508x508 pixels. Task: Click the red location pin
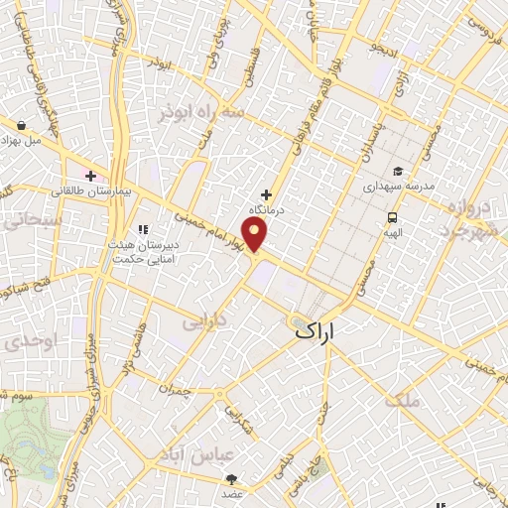point(256,236)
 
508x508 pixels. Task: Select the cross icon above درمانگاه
point(265,194)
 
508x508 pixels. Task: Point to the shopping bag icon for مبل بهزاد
point(21,125)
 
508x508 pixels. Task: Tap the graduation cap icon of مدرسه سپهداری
point(396,170)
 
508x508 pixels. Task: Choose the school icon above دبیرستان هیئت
point(143,202)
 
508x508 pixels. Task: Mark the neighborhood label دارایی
point(203,321)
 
